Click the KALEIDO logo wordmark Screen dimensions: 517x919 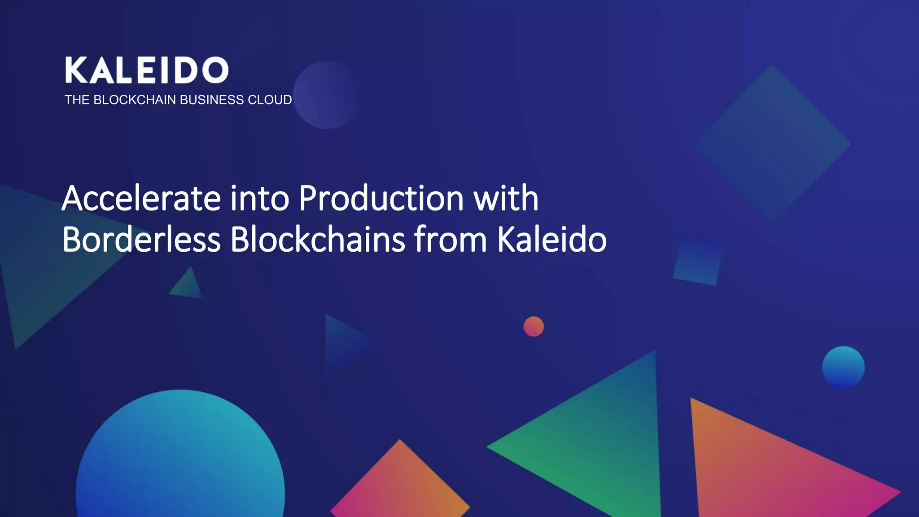147,70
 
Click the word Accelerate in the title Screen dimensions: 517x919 141,198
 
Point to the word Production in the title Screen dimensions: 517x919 381,198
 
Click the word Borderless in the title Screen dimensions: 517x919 141,240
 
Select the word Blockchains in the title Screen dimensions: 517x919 318,240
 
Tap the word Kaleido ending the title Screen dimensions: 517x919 551,240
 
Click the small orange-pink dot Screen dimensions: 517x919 534,326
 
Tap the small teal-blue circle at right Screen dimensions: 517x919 843,367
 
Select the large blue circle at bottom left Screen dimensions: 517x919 180,462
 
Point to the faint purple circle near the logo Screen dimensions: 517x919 326,95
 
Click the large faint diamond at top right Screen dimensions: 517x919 771,143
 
